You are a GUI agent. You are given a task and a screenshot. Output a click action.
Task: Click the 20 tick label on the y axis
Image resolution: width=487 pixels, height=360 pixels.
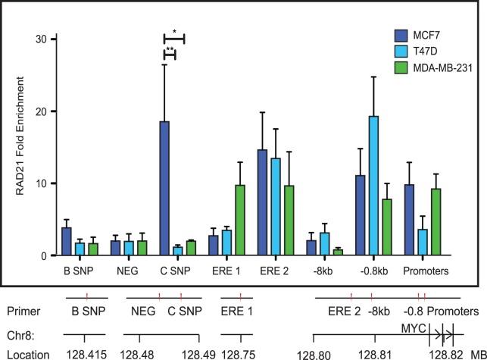pyautogui.click(x=42, y=111)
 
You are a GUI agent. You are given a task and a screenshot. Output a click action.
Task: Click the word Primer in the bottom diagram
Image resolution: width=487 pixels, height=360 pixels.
pyautogui.click(x=22, y=311)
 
